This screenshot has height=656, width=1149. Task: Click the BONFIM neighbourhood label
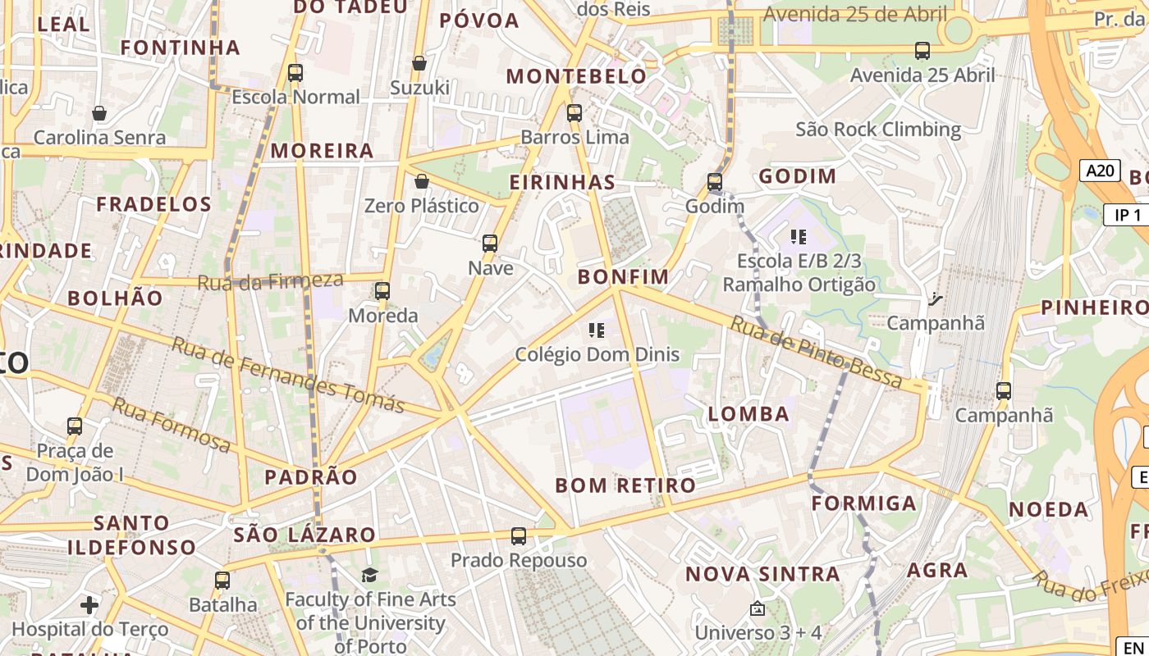click(623, 277)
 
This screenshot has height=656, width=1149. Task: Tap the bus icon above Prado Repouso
click(519, 536)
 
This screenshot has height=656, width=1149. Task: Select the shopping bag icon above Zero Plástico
click(422, 181)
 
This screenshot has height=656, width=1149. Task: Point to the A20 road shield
click(1100, 171)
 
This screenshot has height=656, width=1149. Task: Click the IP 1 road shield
click(1128, 215)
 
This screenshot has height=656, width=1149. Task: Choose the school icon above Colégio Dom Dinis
click(597, 330)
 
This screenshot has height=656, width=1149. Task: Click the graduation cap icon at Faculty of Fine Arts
click(370, 576)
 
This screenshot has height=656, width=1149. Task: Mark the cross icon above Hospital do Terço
click(89, 606)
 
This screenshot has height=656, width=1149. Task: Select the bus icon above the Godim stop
click(715, 182)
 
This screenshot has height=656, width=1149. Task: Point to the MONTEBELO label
click(576, 77)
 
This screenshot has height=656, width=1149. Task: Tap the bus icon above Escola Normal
click(295, 73)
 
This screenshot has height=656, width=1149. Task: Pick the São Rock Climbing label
click(878, 130)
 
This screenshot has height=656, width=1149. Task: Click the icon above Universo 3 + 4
click(758, 608)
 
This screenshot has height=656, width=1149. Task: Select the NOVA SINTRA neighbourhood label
click(762, 574)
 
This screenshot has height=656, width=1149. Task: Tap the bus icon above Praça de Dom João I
click(75, 426)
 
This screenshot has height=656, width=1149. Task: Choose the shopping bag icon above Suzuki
click(419, 63)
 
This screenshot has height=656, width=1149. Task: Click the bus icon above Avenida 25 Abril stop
click(922, 51)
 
